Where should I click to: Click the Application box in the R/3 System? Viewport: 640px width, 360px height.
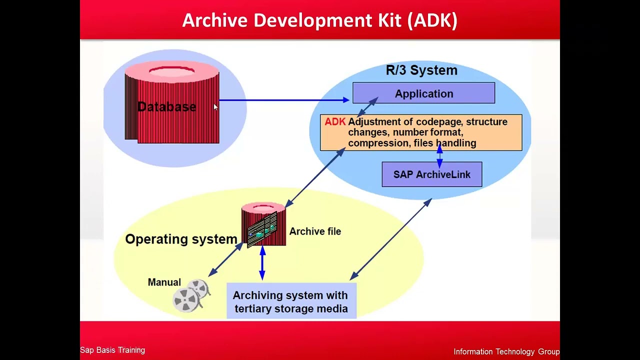(423, 93)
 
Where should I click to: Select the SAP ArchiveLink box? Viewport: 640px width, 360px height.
(431, 174)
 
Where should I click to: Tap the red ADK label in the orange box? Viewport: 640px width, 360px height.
(335, 122)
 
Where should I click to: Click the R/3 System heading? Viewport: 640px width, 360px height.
(421, 70)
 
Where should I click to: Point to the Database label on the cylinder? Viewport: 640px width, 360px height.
(166, 107)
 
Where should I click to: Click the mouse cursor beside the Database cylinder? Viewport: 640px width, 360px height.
(215, 107)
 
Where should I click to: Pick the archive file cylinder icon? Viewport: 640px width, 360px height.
(263, 224)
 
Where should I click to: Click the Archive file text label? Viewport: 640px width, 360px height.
(315, 231)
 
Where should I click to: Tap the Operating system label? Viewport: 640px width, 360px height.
(181, 239)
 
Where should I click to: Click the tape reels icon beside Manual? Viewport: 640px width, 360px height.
(191, 296)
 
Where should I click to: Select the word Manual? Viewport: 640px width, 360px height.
(164, 282)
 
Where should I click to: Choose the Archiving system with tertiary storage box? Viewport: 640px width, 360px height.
(291, 301)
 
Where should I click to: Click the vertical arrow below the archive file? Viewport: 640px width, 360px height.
(262, 263)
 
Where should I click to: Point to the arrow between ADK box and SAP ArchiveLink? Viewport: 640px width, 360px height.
(439, 155)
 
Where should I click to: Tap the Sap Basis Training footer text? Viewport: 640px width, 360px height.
(112, 350)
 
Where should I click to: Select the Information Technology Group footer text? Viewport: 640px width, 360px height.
(506, 352)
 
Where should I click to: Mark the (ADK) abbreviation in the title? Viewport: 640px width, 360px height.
(432, 20)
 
